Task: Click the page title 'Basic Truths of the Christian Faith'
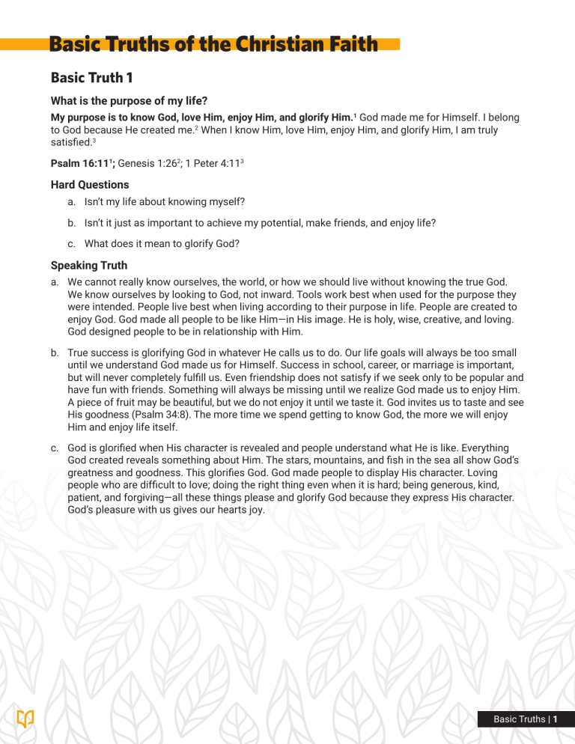[214, 45]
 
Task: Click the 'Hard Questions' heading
[90, 184]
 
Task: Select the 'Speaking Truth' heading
[88, 265]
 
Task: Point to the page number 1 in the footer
[556, 720]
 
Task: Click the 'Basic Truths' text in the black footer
[519, 720]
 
